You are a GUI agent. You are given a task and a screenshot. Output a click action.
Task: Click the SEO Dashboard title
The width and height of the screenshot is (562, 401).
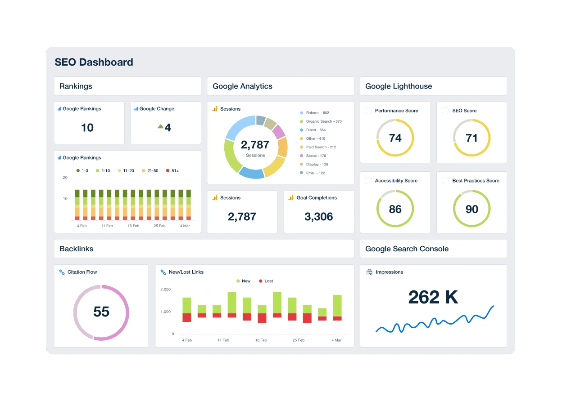pyautogui.click(x=94, y=62)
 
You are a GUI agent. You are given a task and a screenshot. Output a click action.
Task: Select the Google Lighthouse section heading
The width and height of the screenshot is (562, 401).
pyautogui.click(x=399, y=86)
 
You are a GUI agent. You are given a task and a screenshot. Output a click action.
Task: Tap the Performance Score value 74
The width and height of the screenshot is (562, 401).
pyautogui.click(x=395, y=138)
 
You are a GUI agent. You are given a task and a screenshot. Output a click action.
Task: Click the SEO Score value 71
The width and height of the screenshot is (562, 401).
pyautogui.click(x=471, y=138)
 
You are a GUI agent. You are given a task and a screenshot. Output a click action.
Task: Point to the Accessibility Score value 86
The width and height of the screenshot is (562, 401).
pyautogui.click(x=395, y=209)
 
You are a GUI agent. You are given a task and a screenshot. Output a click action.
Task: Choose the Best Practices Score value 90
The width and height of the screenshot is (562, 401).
pyautogui.click(x=471, y=209)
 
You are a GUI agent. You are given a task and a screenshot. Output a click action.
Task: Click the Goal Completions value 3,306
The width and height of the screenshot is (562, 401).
pyautogui.click(x=319, y=217)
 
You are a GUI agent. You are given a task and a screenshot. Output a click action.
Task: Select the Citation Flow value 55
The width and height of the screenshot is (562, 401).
pyautogui.click(x=101, y=312)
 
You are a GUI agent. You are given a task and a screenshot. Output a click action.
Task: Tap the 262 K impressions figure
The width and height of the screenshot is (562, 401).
pyautogui.click(x=433, y=297)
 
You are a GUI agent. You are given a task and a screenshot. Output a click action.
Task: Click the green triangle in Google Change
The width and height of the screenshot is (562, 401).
pyautogui.click(x=160, y=127)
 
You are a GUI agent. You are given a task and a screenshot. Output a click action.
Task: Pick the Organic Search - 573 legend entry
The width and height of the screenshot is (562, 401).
pyautogui.click(x=323, y=121)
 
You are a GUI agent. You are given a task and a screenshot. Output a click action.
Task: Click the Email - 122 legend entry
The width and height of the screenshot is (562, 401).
pyautogui.click(x=315, y=173)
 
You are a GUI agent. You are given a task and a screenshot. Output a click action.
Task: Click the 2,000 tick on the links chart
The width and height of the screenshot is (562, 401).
pyautogui.click(x=165, y=290)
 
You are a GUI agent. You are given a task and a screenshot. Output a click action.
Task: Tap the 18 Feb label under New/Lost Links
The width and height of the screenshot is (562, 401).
pyautogui.click(x=261, y=340)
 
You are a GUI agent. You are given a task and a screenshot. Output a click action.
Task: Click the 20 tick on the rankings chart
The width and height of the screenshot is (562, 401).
pyautogui.click(x=65, y=178)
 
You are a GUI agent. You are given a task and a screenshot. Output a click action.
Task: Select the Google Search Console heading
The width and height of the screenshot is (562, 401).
pyautogui.click(x=407, y=249)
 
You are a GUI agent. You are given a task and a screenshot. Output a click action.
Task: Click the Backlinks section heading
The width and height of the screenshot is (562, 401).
pyautogui.click(x=77, y=249)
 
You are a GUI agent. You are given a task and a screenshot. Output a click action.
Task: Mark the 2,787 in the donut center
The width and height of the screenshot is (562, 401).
pyautogui.click(x=255, y=145)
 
